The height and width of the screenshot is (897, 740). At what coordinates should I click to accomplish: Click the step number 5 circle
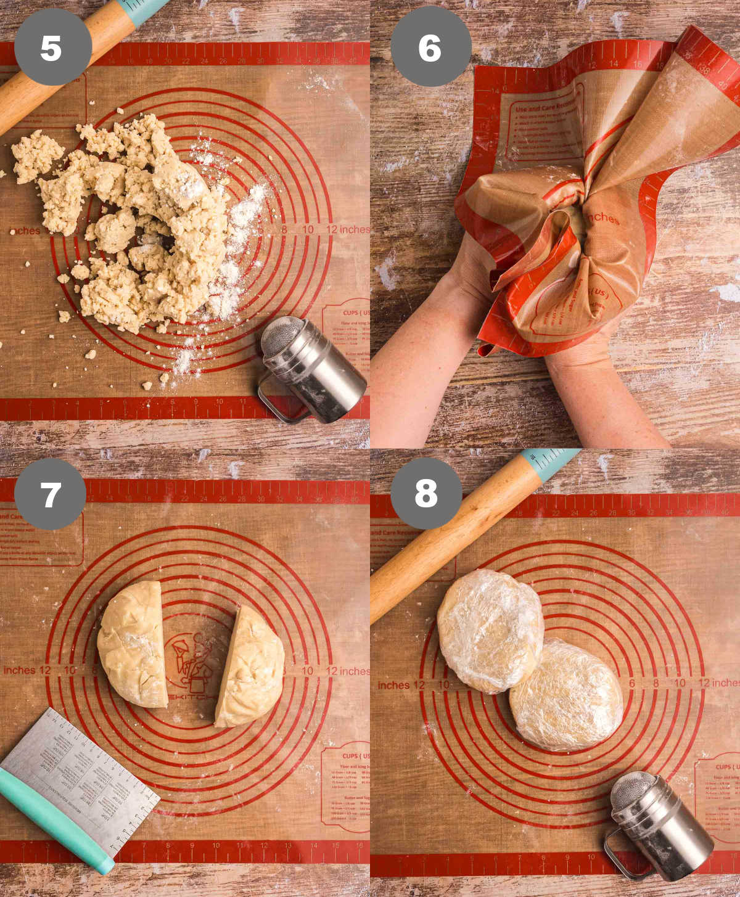tap(52, 47)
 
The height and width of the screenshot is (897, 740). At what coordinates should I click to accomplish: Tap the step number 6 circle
tap(430, 47)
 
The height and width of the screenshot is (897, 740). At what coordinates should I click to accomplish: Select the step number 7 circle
tap(50, 494)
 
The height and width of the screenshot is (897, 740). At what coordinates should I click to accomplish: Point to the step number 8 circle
tap(426, 493)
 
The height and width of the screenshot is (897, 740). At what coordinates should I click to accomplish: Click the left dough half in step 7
tap(133, 644)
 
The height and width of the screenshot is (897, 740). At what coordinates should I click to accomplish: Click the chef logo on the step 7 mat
tap(192, 663)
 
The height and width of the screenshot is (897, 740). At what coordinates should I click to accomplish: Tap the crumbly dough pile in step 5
tap(142, 228)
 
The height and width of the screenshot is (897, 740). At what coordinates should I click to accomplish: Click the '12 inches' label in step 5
tap(348, 229)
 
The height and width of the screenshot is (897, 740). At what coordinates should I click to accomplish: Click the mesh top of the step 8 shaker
tap(632, 792)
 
